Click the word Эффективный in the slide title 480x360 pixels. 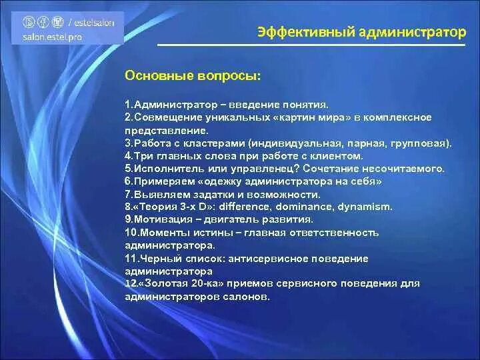click(x=291, y=31)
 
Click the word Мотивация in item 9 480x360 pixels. click(x=163, y=219)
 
